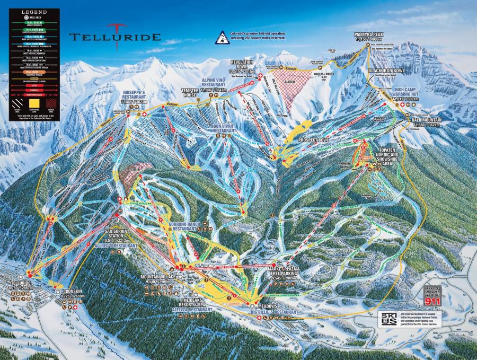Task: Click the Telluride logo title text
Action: tap(114, 38)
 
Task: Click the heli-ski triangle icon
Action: tap(220, 38)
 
